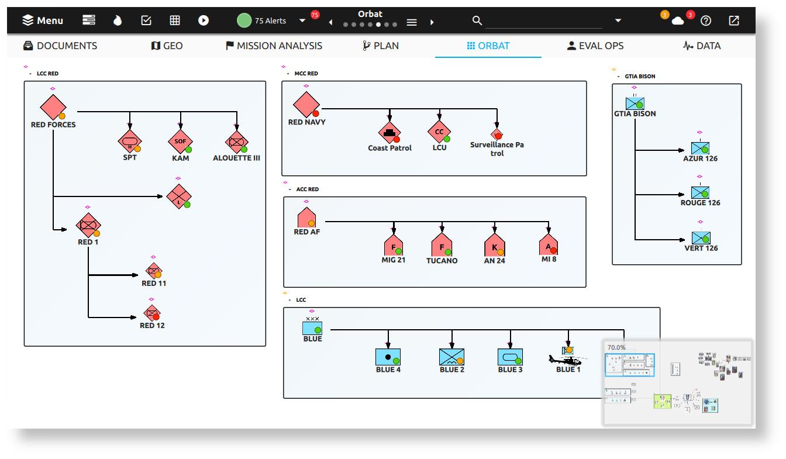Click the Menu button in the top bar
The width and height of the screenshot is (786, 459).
coord(43,20)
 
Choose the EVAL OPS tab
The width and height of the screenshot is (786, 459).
coord(595,46)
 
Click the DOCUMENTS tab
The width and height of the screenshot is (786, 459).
coord(60,46)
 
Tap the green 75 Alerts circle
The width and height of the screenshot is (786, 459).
coord(244,20)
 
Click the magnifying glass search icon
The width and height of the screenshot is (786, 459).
coord(477,20)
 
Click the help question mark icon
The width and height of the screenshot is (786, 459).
coord(706,20)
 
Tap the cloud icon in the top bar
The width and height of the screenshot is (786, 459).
coord(678,21)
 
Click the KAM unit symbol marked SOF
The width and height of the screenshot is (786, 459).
coord(180,142)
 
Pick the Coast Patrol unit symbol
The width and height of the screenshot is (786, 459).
coord(389,133)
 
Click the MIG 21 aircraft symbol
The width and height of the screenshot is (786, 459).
coord(394,246)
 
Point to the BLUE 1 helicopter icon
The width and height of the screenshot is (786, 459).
coord(565,359)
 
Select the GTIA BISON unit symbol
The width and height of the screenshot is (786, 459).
coord(635,103)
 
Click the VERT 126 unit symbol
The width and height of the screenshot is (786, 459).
coord(700,237)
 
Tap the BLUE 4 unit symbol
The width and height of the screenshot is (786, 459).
coord(388,357)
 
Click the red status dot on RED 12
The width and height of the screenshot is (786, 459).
coord(156,317)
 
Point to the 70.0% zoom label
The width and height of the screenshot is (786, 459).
coord(616,347)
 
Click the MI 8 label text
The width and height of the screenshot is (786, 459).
coord(549,259)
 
